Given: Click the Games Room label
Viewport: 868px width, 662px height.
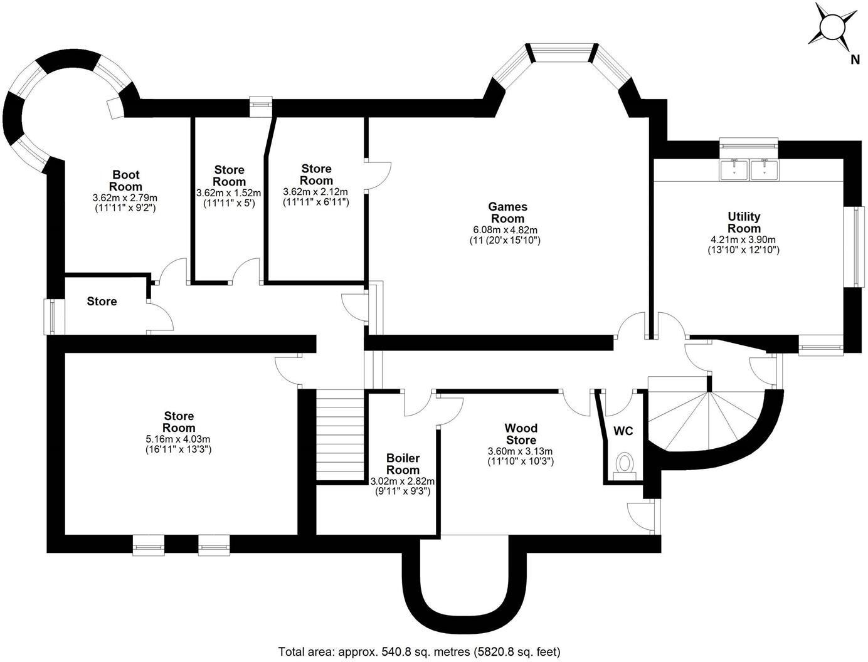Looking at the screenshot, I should pyautogui.click(x=507, y=213).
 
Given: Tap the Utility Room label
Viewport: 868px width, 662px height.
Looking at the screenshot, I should pyautogui.click(x=744, y=223).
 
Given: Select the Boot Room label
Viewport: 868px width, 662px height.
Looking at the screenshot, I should pyautogui.click(x=125, y=181).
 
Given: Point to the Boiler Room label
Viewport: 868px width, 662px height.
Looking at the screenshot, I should pyautogui.click(x=403, y=464).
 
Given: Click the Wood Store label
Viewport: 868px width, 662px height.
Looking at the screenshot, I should pyautogui.click(x=521, y=434).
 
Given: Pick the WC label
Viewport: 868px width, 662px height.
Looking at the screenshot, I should pyautogui.click(x=623, y=431).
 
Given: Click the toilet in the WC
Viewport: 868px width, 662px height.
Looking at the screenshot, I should pyautogui.click(x=625, y=465).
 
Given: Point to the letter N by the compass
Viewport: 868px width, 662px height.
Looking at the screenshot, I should pyautogui.click(x=854, y=60).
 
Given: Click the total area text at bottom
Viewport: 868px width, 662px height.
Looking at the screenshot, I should pyautogui.click(x=419, y=651).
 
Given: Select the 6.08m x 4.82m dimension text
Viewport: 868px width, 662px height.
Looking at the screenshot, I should pyautogui.click(x=507, y=230).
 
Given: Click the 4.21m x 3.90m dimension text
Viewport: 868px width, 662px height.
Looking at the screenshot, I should pyautogui.click(x=743, y=240).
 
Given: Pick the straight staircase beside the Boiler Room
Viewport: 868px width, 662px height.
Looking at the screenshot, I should pyautogui.click(x=339, y=435).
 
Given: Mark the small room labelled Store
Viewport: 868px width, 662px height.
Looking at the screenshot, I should pyautogui.click(x=102, y=302).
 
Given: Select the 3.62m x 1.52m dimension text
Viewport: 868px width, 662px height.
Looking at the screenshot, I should pyautogui.click(x=228, y=193).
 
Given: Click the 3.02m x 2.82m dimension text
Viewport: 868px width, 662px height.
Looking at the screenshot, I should pyautogui.click(x=403, y=481).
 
